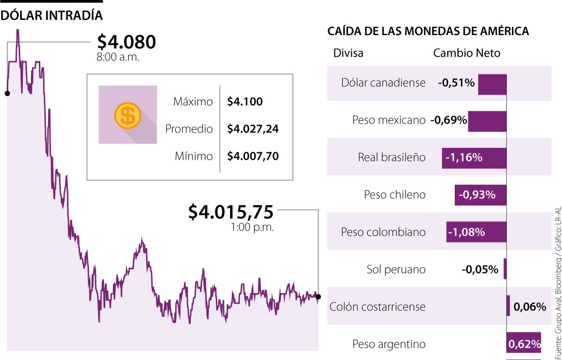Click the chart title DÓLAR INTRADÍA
[x=52, y=15]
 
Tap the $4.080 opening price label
[x=126, y=42]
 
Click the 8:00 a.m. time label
[x=118, y=57]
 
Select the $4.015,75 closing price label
[x=230, y=212]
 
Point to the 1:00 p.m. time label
[x=252, y=228]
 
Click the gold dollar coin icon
[x=127, y=115]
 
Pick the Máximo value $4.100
[x=245, y=102]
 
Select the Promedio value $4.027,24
[x=253, y=129]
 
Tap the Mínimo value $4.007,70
[x=253, y=156]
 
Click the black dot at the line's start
[x=7, y=93]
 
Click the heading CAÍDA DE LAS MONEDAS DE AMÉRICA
[x=428, y=31]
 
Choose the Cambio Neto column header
[x=466, y=53]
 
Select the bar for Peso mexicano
[x=487, y=121]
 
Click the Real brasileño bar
[x=474, y=158]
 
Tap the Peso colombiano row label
[x=383, y=232]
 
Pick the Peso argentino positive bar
[x=524, y=345]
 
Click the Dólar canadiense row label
[x=383, y=83]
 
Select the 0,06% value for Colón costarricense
[x=530, y=307]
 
